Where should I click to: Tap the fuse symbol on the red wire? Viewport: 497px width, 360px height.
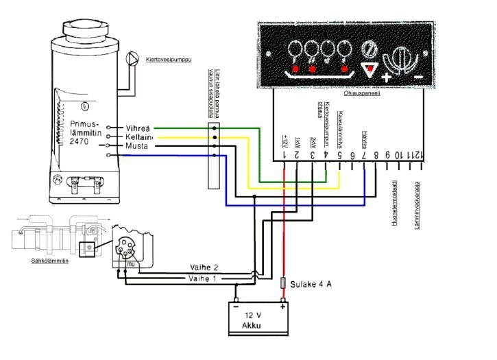[x=284, y=282]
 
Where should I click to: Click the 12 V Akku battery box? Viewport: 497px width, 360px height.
[x=258, y=320]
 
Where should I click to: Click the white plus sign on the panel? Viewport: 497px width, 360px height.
[x=387, y=77]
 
